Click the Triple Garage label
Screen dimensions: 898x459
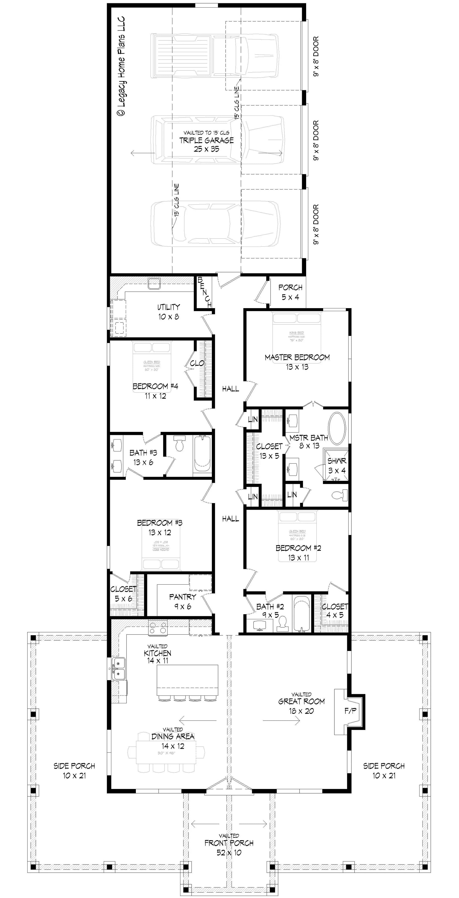[x=206, y=141]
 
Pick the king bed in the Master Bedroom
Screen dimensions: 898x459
[x=296, y=333]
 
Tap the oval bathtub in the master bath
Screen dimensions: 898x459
[x=337, y=428]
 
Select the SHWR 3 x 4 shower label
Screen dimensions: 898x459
[x=337, y=466]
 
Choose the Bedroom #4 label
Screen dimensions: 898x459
[x=155, y=391]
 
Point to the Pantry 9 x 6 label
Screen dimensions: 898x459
[x=182, y=602]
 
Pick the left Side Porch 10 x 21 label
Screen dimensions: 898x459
[x=74, y=770]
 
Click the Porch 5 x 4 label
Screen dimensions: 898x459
[x=290, y=292]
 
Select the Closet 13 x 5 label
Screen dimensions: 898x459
[x=269, y=451]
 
